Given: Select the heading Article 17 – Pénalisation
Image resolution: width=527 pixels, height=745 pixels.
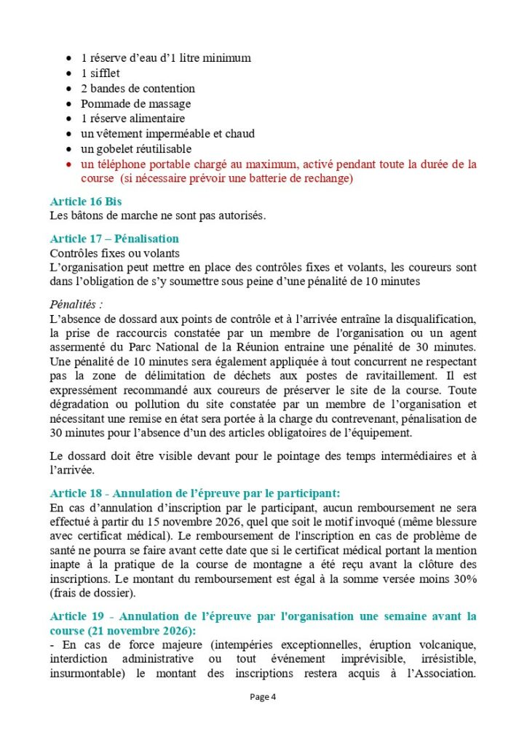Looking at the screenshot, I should point(114,239).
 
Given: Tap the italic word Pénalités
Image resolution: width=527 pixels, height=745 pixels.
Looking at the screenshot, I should point(75,303).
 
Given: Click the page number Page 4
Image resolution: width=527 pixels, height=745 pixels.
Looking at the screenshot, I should point(263,696).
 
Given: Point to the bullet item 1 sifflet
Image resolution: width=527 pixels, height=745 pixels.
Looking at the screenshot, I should point(100,73).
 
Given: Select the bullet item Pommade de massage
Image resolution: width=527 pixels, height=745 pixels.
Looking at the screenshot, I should point(135,104).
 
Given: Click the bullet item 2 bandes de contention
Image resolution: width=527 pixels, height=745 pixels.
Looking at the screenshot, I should point(138,89).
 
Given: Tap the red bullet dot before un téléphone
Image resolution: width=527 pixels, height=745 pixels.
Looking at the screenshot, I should point(68,164).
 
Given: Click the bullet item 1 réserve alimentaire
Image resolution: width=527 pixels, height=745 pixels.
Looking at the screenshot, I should point(132,119).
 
